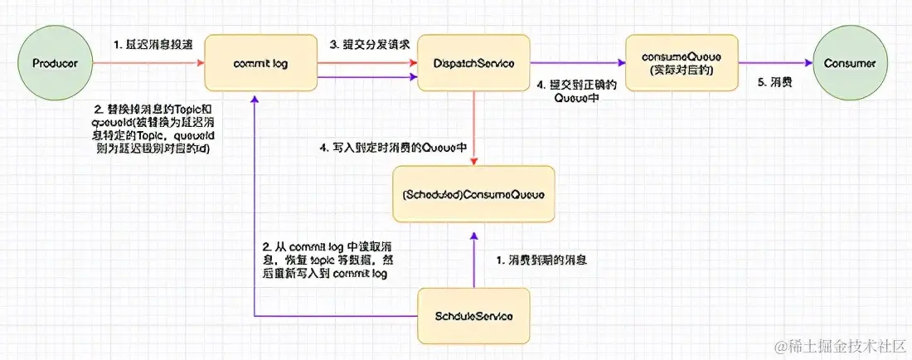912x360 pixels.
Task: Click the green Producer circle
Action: (x=56, y=63)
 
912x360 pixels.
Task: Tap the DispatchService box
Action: (x=473, y=63)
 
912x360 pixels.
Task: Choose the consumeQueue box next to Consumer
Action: (x=681, y=62)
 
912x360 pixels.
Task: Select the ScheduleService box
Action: (x=473, y=316)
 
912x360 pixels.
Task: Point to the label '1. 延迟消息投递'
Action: (x=154, y=43)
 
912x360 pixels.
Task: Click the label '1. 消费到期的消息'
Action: (x=544, y=260)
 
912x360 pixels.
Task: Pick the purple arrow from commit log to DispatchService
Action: (x=365, y=77)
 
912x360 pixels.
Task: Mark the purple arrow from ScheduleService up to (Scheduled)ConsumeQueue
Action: (x=473, y=257)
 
